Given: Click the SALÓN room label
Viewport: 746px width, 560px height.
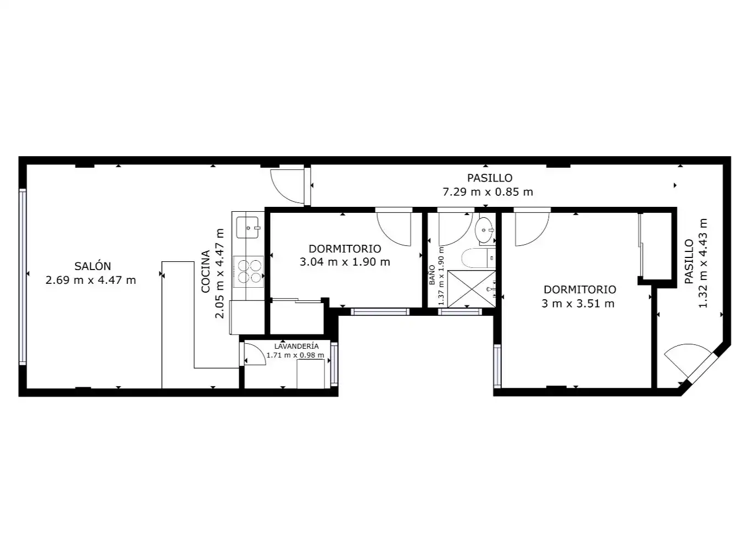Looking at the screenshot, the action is (x=92, y=266).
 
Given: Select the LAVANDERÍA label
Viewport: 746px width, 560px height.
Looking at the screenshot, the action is (x=296, y=346).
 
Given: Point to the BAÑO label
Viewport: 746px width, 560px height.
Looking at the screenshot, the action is (x=432, y=274).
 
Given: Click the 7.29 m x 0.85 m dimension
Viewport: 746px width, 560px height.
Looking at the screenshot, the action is (x=488, y=192).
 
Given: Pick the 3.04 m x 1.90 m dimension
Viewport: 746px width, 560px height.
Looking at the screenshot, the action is (x=345, y=262).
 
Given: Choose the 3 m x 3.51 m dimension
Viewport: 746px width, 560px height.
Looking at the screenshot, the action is (x=578, y=303).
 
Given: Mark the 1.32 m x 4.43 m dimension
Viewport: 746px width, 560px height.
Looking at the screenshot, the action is (x=703, y=263).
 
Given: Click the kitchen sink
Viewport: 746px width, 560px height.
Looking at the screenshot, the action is (x=248, y=228).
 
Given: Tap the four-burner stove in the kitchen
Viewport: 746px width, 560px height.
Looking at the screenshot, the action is (x=249, y=271).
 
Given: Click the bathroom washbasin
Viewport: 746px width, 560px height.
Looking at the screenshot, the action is (x=485, y=230).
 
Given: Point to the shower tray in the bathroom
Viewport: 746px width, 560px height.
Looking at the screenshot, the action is (x=471, y=289).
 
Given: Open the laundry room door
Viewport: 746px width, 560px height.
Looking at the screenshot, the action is (x=253, y=354).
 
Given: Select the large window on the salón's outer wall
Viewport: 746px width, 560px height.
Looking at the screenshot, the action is (x=23, y=277).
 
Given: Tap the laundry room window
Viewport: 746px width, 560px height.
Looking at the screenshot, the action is (x=334, y=364).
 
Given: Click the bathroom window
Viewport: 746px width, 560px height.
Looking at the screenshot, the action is (x=460, y=311).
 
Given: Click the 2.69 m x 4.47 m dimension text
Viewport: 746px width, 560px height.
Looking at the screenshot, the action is (x=91, y=280).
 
